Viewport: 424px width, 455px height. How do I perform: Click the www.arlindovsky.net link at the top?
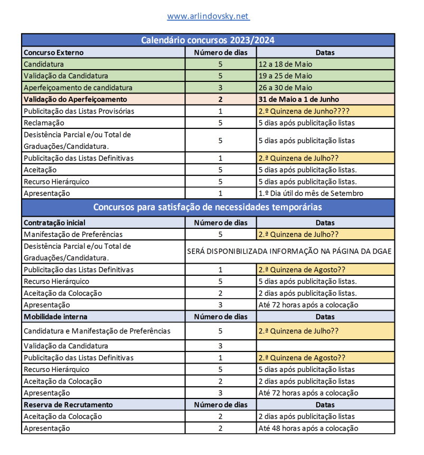pyautogui.click(x=208, y=16)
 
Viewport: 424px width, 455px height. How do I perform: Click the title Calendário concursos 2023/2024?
pyautogui.click(x=208, y=40)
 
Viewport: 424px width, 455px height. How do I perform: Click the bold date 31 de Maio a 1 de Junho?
pyautogui.click(x=299, y=99)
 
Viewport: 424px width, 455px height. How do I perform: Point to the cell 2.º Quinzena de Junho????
pyautogui.click(x=304, y=111)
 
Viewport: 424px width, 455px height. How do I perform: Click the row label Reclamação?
pyautogui.click(x=45, y=123)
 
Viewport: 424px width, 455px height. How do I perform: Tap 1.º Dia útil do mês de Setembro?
pyautogui.click(x=310, y=193)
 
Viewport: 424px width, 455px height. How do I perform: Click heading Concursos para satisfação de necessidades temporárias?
pyautogui.click(x=208, y=207)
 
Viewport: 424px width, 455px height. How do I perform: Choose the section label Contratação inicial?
pyautogui.click(x=54, y=222)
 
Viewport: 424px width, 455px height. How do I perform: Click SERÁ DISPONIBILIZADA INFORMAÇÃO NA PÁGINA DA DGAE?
pyautogui.click(x=289, y=252)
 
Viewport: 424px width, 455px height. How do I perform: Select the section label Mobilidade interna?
pyautogui.click(x=55, y=317)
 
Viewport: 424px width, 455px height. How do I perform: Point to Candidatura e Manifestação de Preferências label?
pyautogui.click(x=97, y=331)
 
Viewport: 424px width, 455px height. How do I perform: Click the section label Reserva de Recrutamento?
pyautogui.click(x=68, y=404)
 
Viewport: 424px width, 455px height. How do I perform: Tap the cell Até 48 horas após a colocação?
pyautogui.click(x=308, y=428)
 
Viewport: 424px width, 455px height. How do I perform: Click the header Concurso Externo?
pyautogui.click(x=54, y=52)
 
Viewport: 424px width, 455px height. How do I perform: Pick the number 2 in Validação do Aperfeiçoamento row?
pyautogui.click(x=220, y=99)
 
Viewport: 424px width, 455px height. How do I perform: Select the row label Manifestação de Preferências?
pyautogui.click(x=73, y=234)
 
